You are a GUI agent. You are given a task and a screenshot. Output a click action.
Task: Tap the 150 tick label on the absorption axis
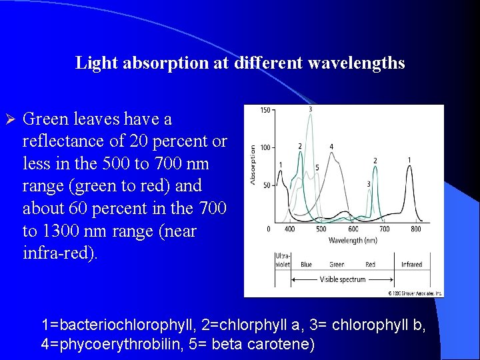point(265,110)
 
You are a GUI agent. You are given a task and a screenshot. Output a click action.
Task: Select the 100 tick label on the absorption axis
point(265,147)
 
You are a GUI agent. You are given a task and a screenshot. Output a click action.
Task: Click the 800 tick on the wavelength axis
point(415,229)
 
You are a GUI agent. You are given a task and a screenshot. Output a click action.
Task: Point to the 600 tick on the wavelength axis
point(353,229)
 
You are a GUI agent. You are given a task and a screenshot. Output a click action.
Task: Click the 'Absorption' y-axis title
point(253,165)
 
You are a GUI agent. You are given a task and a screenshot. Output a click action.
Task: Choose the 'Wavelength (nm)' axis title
point(351,240)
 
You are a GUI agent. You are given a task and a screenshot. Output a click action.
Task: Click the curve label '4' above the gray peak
point(331,147)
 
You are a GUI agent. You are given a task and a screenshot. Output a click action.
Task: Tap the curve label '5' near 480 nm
point(317,167)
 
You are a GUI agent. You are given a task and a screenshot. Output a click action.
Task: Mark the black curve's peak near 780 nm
point(409,168)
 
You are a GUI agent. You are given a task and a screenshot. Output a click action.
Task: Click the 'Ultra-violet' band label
point(282,260)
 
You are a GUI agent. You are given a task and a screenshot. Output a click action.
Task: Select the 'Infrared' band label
point(411,265)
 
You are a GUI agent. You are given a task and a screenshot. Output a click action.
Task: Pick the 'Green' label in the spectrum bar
point(337,265)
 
